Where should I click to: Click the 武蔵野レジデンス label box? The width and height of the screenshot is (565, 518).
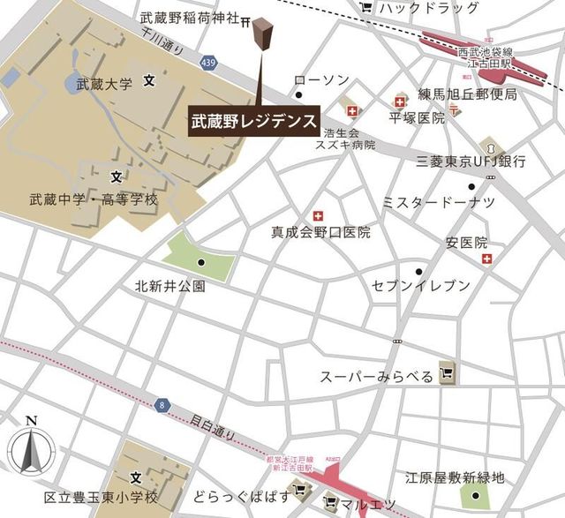tap(254, 122)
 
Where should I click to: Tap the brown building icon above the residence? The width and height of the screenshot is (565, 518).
tap(261, 37)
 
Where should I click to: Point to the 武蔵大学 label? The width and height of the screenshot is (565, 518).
tap(104, 85)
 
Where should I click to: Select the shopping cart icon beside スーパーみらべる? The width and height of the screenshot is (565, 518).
tap(448, 374)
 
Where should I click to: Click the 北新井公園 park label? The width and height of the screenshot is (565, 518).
tap(170, 286)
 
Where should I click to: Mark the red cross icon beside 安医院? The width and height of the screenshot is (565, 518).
tap(486, 259)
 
